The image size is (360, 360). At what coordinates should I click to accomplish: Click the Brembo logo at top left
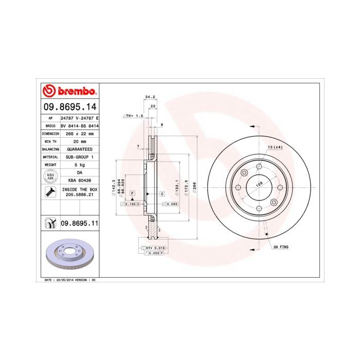[69, 92]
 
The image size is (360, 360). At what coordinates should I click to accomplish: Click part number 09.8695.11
[79, 224]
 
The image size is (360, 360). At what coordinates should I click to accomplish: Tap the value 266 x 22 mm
[79, 133]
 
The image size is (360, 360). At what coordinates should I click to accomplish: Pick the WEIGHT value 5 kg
[79, 165]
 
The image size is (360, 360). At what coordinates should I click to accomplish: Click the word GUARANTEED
[79, 149]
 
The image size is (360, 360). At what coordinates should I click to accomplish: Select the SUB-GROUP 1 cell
[79, 156]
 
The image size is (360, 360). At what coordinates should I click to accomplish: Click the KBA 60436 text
[79, 181]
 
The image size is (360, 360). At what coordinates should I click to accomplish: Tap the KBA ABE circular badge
[50, 176]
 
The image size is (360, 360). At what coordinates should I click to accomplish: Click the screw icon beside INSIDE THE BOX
[50, 193]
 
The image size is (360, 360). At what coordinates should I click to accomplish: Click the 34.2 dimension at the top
[150, 97]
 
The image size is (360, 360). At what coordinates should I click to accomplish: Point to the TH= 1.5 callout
[132, 116]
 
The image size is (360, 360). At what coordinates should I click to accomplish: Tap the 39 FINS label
[280, 247]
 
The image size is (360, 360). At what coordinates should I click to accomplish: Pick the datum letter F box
[132, 192]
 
